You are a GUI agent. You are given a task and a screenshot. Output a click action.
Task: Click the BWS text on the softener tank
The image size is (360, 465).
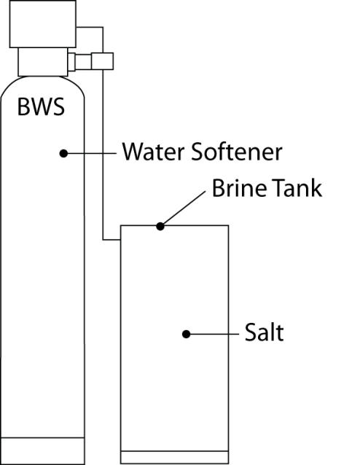41,106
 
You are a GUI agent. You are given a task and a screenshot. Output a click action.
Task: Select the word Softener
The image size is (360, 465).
237,152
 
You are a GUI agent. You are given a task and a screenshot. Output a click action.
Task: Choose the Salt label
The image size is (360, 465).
265,332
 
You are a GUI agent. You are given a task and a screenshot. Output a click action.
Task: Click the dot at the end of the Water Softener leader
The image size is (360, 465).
63,153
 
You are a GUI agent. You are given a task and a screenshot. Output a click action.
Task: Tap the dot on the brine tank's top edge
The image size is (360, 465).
160,226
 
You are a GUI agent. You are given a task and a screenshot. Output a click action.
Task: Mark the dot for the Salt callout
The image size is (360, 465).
186,335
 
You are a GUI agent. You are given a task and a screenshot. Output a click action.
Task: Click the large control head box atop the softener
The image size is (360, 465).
43,24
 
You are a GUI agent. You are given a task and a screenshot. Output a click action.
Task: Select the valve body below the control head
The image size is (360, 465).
43,62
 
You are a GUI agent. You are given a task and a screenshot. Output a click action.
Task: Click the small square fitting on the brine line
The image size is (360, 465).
102,61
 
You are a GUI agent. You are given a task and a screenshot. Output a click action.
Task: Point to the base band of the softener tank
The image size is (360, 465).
42,450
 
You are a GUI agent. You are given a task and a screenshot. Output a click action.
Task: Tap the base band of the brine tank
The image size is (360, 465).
174,457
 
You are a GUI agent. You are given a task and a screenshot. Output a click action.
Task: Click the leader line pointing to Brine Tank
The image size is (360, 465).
183,208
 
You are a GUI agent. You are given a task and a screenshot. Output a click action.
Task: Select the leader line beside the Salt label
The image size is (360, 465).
212,335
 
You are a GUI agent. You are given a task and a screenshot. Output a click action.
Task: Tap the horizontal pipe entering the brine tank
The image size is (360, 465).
111,240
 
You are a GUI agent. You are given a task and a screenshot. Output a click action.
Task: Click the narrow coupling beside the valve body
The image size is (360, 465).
71,62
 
